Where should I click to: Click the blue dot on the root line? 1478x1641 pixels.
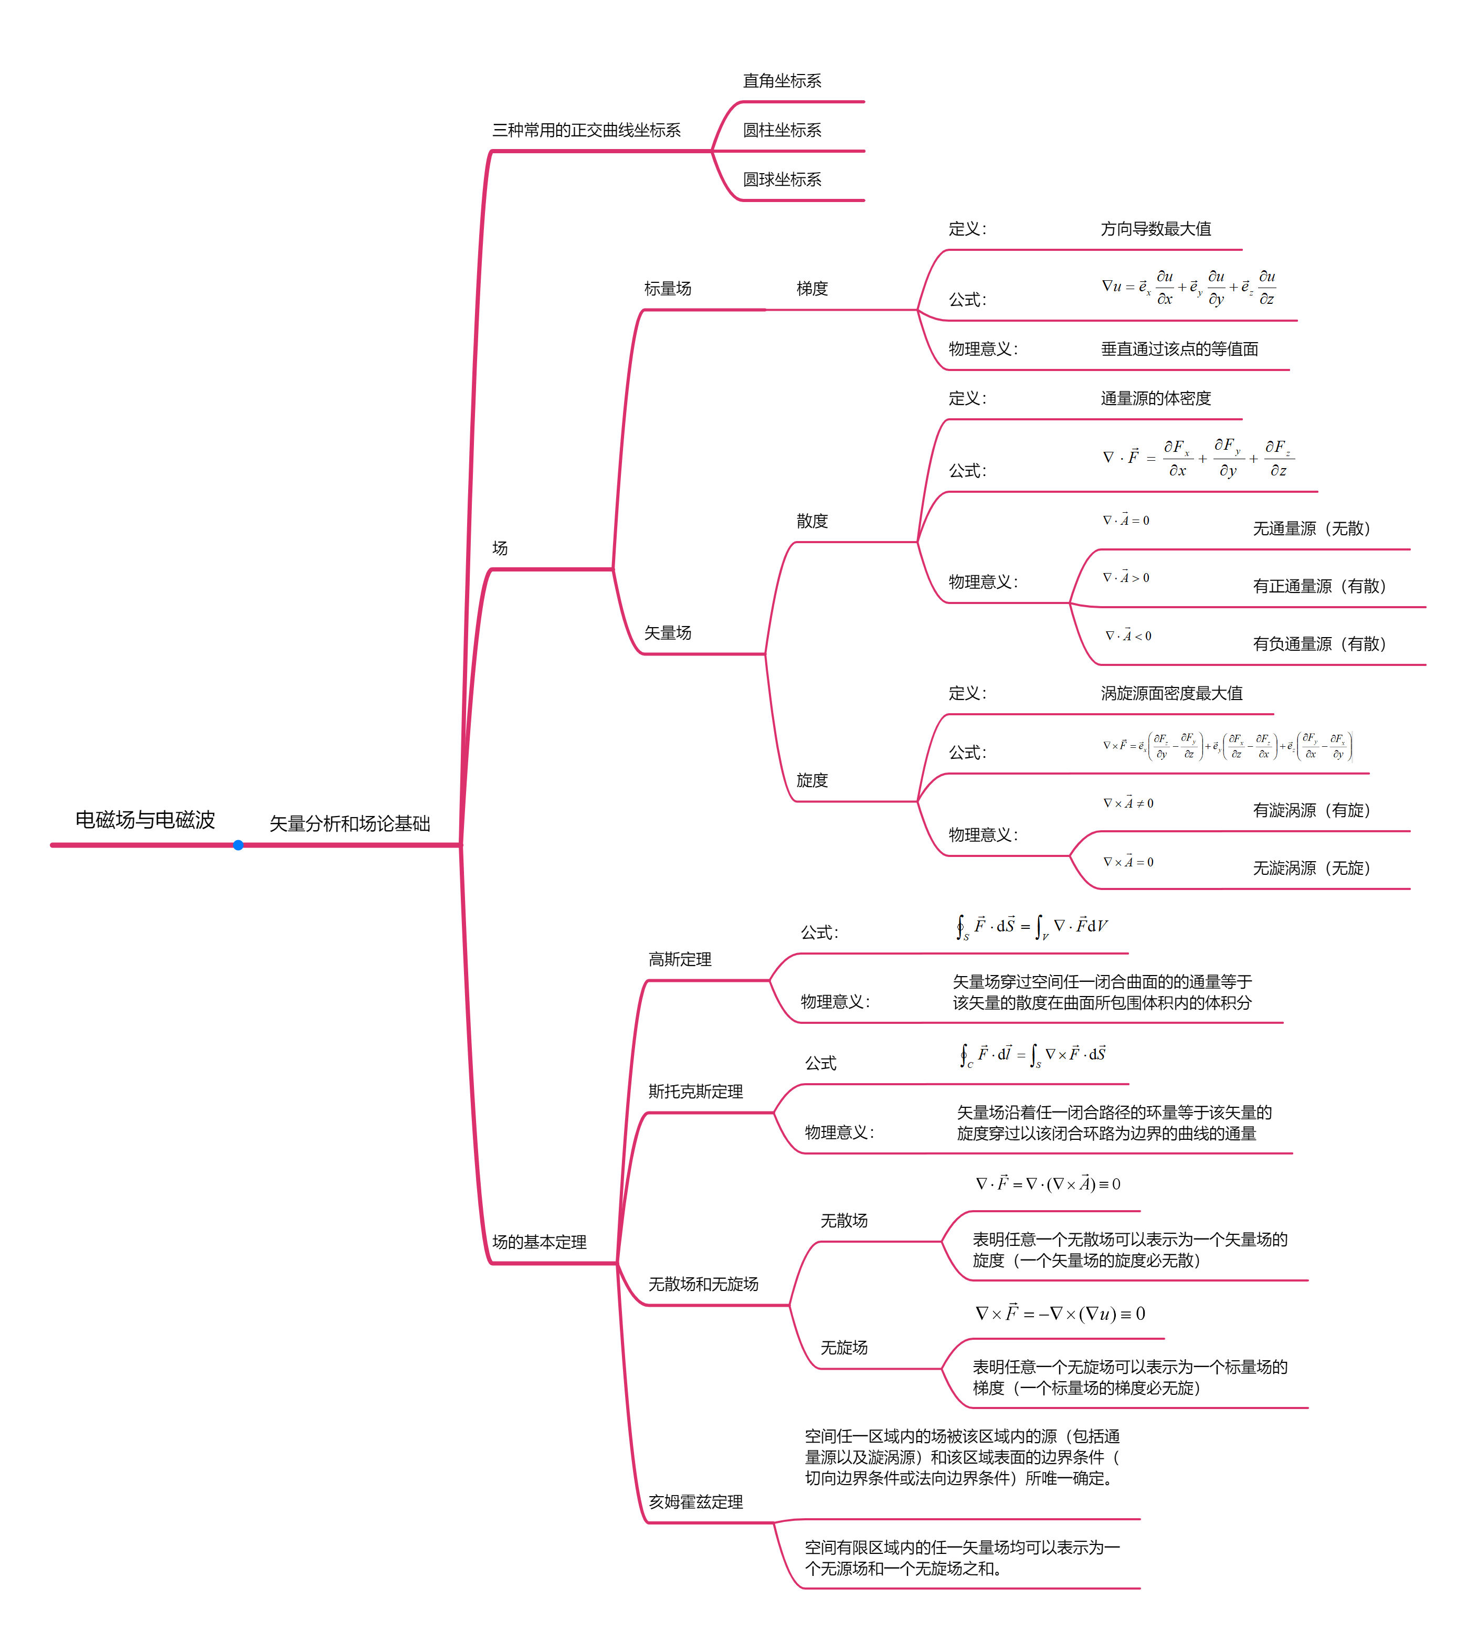click(238, 845)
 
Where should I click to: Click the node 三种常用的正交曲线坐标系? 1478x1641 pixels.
click(586, 130)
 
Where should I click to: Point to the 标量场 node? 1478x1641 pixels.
click(668, 288)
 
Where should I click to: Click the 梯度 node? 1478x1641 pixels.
click(811, 288)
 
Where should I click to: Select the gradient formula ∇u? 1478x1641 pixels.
click(1187, 288)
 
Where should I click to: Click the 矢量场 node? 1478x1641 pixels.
click(668, 632)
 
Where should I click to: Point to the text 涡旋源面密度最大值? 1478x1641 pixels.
click(1171, 693)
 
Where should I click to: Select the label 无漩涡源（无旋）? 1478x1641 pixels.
click(1311, 868)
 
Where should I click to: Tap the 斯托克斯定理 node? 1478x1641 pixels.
click(695, 1092)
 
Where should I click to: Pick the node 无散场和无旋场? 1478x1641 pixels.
click(703, 1284)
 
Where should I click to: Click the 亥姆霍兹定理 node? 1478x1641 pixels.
click(695, 1501)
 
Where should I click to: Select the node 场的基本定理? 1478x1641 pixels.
click(539, 1242)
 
